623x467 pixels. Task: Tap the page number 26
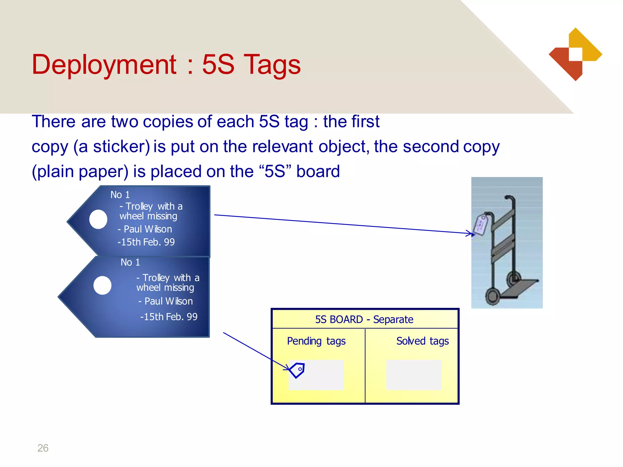click(43, 448)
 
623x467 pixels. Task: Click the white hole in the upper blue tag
click(98, 219)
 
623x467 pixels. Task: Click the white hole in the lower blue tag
click(103, 285)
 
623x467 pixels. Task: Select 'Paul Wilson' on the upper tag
click(148, 229)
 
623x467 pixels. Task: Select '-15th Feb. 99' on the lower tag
click(169, 317)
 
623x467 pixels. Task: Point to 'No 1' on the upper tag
click(120, 195)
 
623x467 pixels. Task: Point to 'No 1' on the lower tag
click(130, 262)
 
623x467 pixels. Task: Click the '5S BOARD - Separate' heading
click(364, 320)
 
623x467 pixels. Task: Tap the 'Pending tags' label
click(316, 341)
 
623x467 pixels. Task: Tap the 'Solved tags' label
click(422, 341)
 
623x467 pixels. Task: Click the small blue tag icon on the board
click(297, 370)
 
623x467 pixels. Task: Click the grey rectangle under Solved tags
click(414, 375)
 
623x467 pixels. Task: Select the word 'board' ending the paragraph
click(318, 171)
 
